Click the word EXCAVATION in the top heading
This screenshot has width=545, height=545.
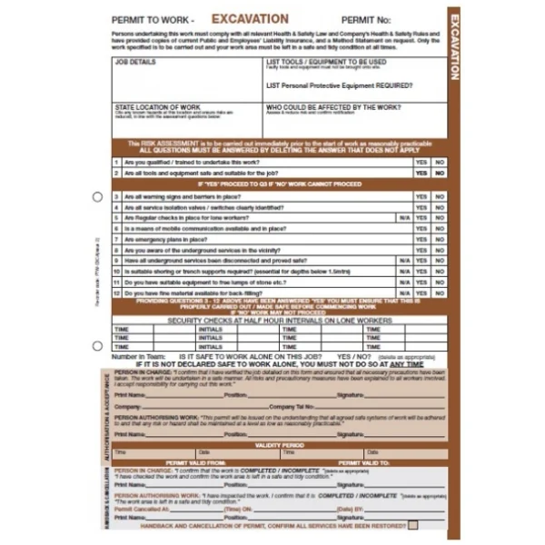coord(250,18)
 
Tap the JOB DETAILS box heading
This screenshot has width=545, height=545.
coord(135,63)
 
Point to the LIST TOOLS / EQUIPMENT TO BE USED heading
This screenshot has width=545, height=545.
coord(326,62)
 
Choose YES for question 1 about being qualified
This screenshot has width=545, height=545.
coord(421,162)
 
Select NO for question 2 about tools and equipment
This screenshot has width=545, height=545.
coord(440,173)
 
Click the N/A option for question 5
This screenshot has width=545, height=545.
coord(404,218)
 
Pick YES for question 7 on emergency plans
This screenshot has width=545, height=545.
coord(421,239)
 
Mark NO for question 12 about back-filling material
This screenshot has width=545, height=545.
coord(440,293)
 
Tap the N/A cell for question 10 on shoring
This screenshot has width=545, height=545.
coord(404,272)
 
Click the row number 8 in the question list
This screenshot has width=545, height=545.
coord(116,250)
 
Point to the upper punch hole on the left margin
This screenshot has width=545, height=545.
coord(98,196)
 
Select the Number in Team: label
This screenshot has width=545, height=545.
coord(136,357)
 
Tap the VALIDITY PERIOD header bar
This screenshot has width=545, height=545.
coord(279,445)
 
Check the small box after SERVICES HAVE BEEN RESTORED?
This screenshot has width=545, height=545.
coord(413,525)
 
